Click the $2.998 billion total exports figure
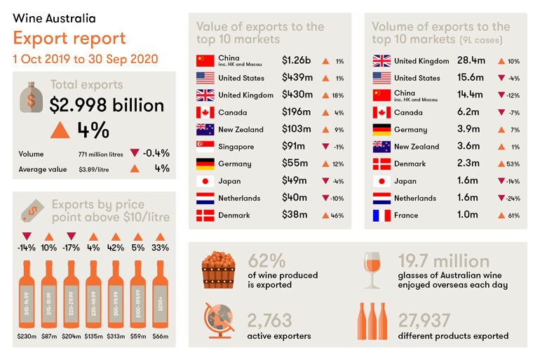tap(107, 105)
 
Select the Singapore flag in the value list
tap(205, 147)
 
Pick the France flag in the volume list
tap(381, 215)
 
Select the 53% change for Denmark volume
tap(508, 164)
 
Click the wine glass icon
tap(372, 271)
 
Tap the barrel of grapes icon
tap(218, 271)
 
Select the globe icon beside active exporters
tap(218, 322)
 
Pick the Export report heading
tap(69, 38)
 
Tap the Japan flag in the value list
tap(205, 181)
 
